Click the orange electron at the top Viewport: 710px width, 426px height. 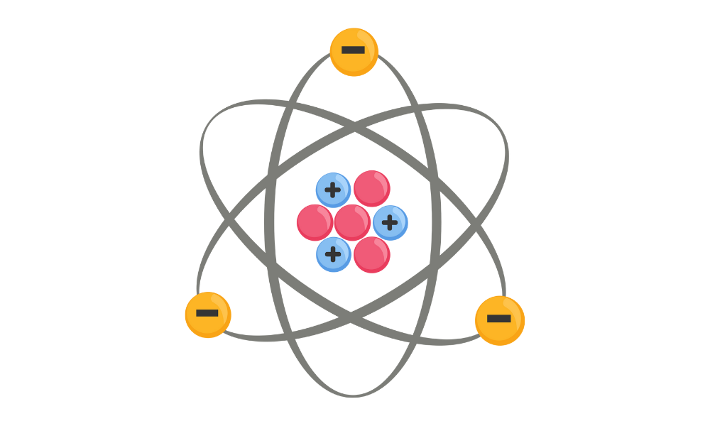[x=354, y=52]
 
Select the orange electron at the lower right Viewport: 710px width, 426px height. [x=500, y=320]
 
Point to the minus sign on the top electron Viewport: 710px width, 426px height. [x=353, y=50]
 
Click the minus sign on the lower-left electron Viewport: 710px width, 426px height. [x=207, y=313]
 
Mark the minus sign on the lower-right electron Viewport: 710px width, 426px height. [x=499, y=318]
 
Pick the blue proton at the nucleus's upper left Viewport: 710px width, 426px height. [x=333, y=190]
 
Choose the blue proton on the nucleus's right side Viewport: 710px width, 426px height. [x=390, y=223]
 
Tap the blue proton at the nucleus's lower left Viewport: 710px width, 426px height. [x=334, y=254]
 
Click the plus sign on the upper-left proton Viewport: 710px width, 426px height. [x=332, y=190]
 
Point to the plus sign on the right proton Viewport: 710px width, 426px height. [x=390, y=223]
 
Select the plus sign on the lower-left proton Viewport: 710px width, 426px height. [x=333, y=254]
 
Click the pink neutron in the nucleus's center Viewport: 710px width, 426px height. [x=352, y=222]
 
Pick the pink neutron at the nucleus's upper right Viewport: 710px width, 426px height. [x=372, y=188]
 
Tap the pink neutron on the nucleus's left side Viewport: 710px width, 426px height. [x=315, y=222]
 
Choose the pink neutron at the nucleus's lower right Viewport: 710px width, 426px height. [x=372, y=255]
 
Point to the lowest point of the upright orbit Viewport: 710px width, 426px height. [x=353, y=394]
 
